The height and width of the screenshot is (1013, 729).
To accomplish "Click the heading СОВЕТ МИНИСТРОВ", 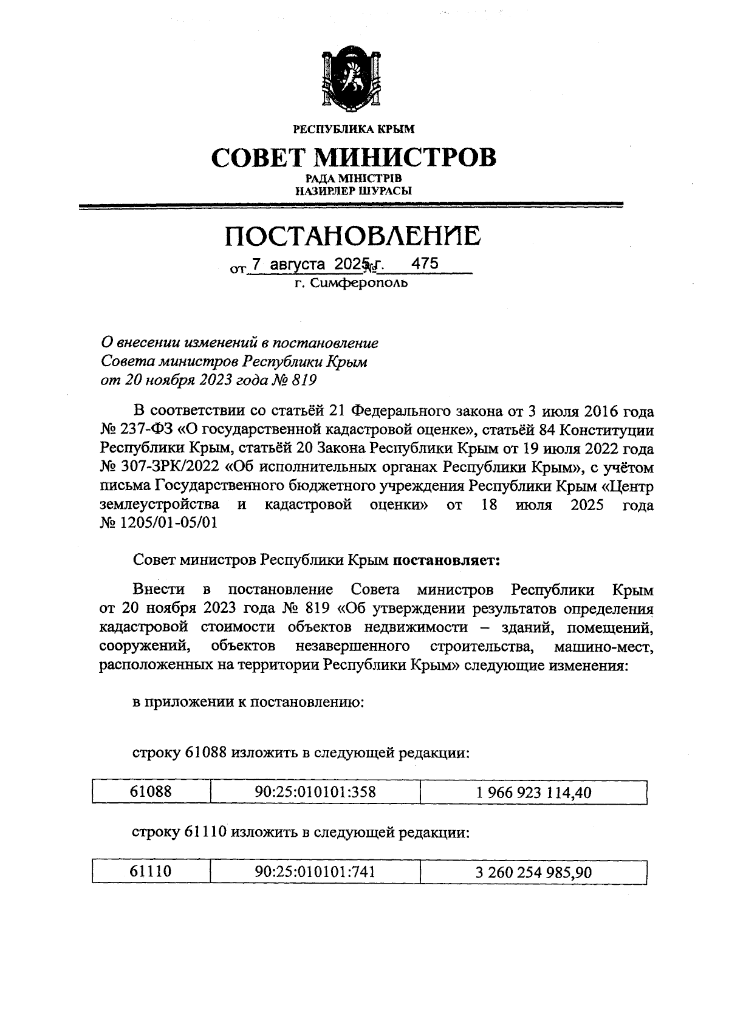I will (x=353, y=157).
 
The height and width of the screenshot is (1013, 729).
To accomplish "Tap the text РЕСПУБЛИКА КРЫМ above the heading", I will (x=353, y=129).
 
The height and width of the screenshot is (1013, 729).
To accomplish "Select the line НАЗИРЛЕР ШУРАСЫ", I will (x=353, y=191).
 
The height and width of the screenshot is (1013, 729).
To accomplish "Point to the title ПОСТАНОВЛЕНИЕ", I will (x=353, y=236).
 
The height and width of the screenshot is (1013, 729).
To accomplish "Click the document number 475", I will (x=425, y=264).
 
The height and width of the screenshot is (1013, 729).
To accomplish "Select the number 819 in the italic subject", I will (x=303, y=381).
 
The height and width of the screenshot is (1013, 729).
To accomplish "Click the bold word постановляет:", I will (x=447, y=560).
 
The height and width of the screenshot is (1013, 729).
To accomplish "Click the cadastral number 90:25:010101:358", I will (x=315, y=791).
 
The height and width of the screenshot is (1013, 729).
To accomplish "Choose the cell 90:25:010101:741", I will (x=315, y=871).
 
